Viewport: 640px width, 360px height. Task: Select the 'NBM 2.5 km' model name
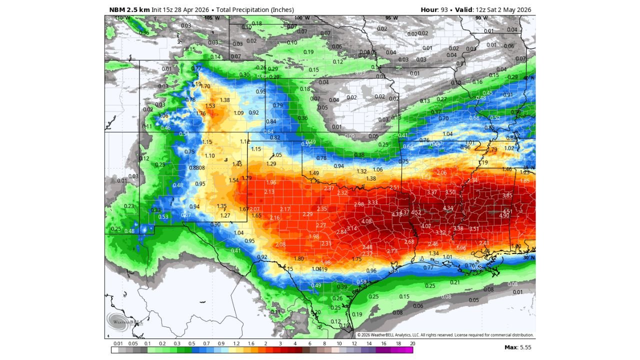129,10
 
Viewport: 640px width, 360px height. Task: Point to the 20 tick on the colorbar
412,344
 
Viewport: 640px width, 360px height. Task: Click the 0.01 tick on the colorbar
118,344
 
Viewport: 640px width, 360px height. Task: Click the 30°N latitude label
529,258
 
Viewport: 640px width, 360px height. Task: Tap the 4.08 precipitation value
366,221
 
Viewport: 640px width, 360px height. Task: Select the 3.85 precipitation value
507,195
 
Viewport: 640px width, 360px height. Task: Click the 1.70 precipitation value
205,86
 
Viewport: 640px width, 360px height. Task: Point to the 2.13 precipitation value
269,192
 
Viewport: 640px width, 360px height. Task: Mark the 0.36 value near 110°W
144,33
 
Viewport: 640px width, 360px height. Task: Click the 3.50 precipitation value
450,192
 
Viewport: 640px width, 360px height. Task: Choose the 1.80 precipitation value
299,258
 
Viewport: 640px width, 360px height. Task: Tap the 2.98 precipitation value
358,204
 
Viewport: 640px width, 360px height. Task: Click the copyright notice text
445,335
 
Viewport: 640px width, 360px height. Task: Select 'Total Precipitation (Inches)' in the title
255,10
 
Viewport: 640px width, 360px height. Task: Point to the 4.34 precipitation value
448,208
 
